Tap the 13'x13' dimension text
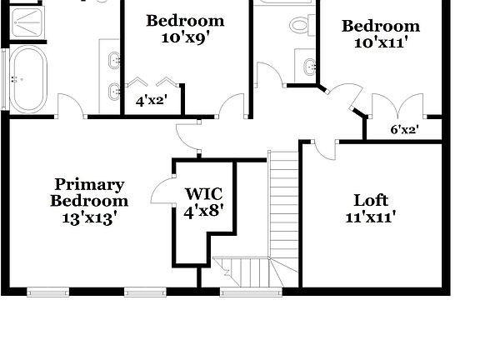(89, 217)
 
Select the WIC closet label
(203, 194)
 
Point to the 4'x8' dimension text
(203, 211)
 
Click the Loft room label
(371, 200)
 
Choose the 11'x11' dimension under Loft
(371, 217)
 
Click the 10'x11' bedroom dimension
(380, 43)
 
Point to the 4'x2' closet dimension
(151, 101)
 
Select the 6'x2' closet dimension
(404, 129)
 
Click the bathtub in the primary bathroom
(28, 78)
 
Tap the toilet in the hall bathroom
(300, 24)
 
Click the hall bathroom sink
(308, 64)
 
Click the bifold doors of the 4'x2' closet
(152, 83)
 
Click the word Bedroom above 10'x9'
(185, 21)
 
